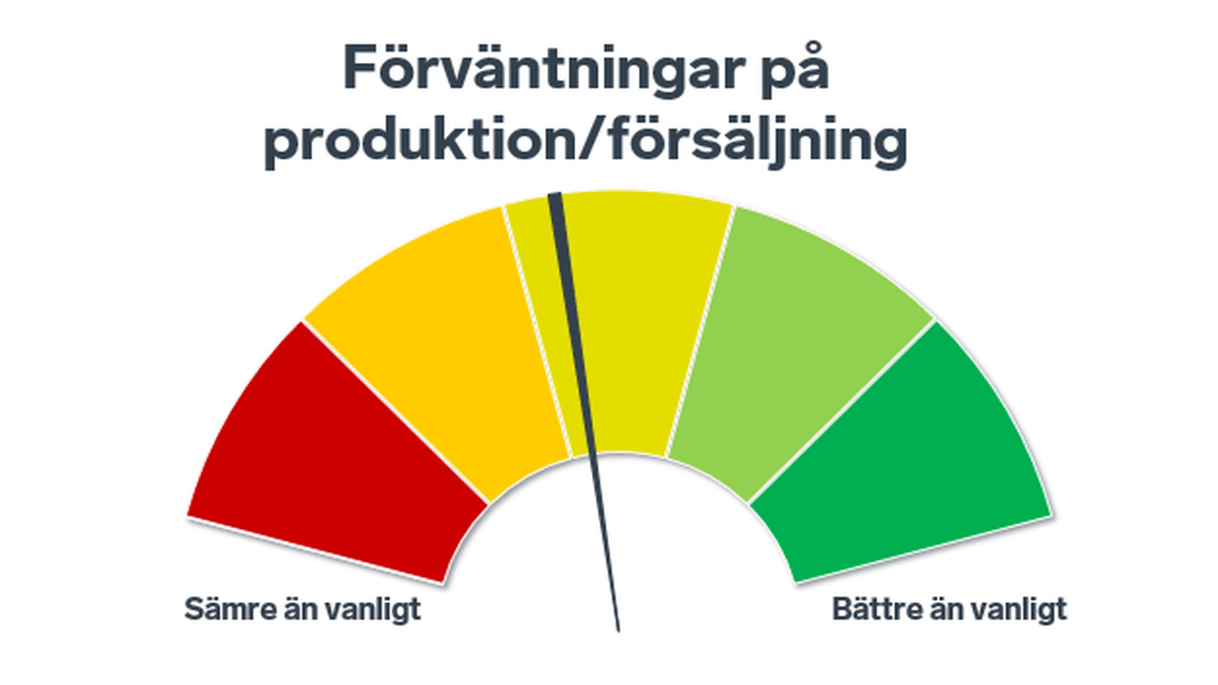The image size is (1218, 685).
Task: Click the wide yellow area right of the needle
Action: (x=641, y=317)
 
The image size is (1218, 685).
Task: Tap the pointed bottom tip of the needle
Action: (x=618, y=630)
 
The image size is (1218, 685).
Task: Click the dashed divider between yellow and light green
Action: (x=700, y=330)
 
